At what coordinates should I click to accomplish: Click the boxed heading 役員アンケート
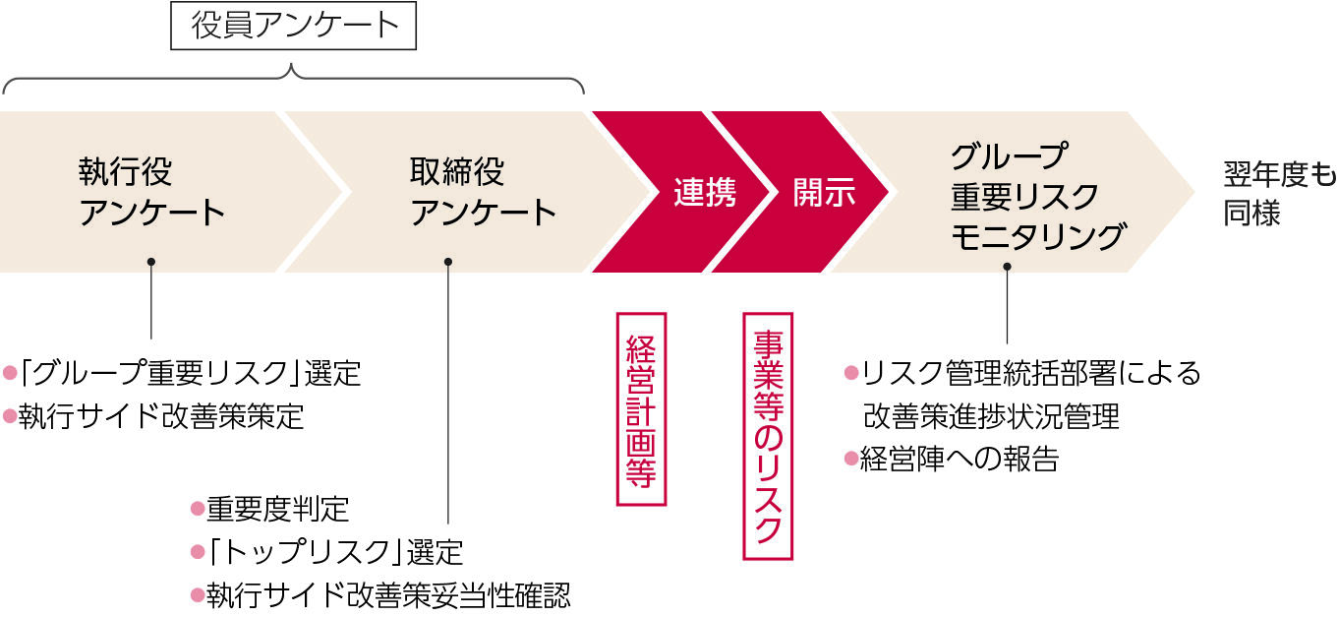point(293,26)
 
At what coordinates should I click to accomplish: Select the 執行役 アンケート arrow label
point(151,192)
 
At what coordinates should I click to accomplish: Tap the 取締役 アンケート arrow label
point(483,192)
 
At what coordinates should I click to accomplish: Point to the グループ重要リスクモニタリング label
point(1038,196)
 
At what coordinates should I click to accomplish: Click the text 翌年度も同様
point(1279,194)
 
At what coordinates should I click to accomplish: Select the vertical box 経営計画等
point(641,409)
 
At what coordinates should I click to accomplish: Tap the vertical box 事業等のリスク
point(768,436)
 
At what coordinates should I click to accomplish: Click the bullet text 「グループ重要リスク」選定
point(190,373)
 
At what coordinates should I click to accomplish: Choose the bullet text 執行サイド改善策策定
point(161,416)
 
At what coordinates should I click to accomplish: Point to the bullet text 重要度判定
point(278,509)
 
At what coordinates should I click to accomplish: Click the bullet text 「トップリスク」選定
point(335,552)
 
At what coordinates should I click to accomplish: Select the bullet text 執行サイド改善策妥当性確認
point(388,595)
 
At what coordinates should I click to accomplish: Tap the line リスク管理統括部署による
point(1030,373)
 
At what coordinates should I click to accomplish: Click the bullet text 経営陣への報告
point(960,460)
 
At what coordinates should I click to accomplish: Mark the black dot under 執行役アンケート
point(151,262)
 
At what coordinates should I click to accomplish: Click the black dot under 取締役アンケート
point(448,262)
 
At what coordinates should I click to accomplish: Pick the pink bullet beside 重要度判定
point(198,509)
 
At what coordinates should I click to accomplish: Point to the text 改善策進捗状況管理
point(991,416)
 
